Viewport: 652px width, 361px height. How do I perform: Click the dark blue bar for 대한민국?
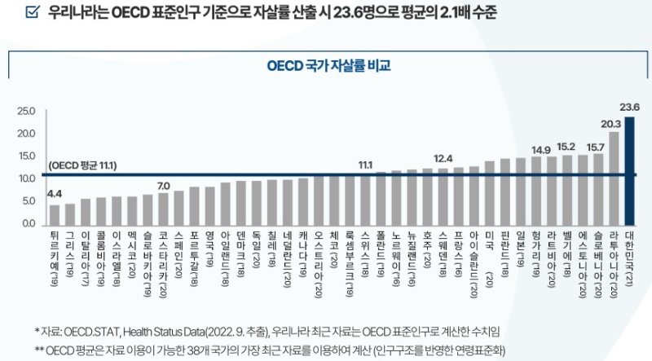[629, 170]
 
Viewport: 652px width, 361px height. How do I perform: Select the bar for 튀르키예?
[55, 214]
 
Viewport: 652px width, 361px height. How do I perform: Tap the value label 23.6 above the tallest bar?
[629, 107]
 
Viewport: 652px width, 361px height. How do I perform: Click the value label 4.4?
[55, 194]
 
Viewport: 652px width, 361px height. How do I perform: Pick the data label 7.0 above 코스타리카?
[163, 184]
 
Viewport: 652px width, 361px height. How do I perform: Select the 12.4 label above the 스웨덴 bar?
[443, 158]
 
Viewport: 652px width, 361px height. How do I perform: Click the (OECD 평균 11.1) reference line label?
[82, 165]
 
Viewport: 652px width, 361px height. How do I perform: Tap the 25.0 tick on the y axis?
[25, 111]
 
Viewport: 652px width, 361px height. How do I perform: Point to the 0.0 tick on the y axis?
[28, 223]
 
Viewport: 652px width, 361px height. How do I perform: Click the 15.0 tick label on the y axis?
[25, 156]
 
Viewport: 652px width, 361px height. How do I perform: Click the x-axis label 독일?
[258, 251]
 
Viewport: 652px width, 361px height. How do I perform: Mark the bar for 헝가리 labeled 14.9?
[536, 190]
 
